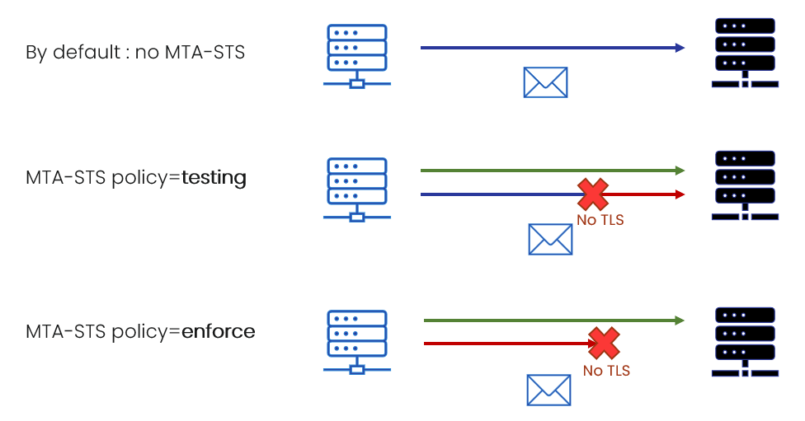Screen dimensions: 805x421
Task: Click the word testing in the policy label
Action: click(214, 178)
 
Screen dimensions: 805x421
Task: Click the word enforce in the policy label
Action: click(219, 331)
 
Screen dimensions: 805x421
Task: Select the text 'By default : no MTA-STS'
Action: click(135, 52)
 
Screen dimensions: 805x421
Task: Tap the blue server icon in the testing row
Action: click(357, 189)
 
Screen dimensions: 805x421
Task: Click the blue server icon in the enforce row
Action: click(357, 342)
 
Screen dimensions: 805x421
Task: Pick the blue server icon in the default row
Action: click(357, 56)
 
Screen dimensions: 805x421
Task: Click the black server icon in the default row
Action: click(745, 52)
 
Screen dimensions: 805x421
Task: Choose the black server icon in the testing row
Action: click(745, 185)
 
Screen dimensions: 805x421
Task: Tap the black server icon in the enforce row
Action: click(745, 342)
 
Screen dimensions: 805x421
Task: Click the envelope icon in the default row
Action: click(545, 82)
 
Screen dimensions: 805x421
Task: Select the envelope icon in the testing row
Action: click(550, 239)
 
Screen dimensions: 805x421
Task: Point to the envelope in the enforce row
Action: click(548, 391)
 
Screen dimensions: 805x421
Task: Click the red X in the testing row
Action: click(593, 194)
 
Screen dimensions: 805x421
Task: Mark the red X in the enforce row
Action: click(604, 343)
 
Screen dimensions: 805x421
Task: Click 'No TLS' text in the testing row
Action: click(600, 220)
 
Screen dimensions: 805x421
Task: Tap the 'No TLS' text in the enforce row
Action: click(606, 371)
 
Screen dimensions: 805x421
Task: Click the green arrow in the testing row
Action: click(553, 171)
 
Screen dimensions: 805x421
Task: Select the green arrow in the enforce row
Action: click(554, 320)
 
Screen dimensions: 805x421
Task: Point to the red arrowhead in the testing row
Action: click(680, 194)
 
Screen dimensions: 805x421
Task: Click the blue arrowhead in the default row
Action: click(680, 48)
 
